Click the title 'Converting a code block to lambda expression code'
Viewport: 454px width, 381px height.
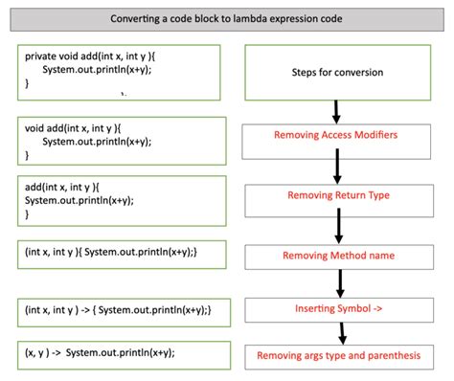pos(227,17)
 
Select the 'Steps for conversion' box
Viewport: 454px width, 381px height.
pos(336,73)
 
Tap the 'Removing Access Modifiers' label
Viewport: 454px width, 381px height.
pos(336,135)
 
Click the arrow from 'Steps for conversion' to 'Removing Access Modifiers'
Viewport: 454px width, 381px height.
pos(336,108)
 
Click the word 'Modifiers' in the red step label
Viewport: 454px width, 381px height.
pos(375,135)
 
